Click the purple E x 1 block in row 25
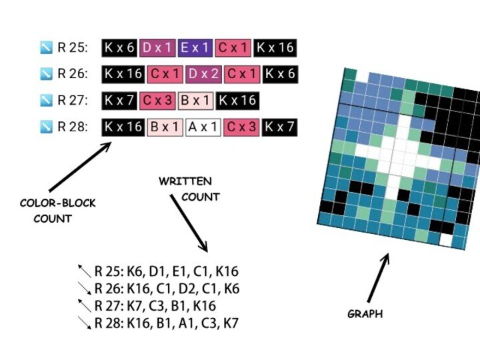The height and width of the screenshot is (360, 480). click(196, 48)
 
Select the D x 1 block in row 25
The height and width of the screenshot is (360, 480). click(158, 48)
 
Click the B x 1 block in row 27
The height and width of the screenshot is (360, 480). click(195, 101)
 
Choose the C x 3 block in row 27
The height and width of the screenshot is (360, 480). click(158, 101)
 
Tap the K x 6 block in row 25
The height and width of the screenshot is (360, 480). click(119, 48)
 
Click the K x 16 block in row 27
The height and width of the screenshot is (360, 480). click(237, 101)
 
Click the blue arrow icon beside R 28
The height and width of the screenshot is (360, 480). click(46, 127)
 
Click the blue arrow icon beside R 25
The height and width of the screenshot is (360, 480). click(46, 48)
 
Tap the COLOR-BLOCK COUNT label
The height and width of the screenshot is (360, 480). click(57, 210)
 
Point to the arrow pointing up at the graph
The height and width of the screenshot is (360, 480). click(378, 277)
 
